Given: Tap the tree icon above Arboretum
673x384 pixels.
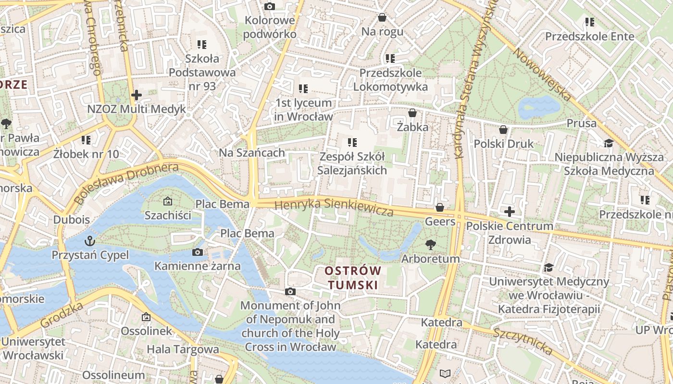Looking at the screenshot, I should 430,245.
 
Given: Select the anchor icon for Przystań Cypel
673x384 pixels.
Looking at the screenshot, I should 89,240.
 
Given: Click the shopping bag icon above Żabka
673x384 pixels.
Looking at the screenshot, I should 412,113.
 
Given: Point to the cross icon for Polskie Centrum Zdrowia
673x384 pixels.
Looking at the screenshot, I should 510,211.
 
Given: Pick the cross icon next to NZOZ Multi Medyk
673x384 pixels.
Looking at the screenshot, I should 137,95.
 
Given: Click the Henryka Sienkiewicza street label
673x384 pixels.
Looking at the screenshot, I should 334,207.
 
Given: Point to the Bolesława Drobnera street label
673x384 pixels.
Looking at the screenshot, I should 126,182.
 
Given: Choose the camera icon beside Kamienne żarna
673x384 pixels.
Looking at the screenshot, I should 197,252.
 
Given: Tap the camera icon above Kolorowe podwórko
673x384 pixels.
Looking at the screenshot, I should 269,6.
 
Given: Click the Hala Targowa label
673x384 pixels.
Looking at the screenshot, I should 183,349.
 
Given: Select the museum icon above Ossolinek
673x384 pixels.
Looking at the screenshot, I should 146,317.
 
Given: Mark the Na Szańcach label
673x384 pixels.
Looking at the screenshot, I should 252,153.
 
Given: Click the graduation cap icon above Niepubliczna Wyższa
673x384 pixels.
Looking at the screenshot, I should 609,143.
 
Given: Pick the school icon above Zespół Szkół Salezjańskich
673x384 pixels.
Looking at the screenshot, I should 352,143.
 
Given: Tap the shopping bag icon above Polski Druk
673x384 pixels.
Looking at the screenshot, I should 503,130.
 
